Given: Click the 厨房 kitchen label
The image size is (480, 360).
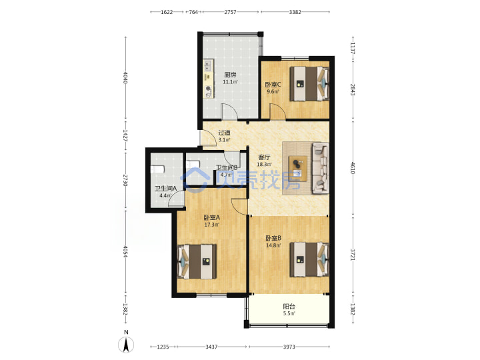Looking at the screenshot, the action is coord(230,75).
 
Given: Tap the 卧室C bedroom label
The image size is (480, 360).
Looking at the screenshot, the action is coord(273,85).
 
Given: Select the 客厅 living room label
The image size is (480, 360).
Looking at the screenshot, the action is coord(265,157).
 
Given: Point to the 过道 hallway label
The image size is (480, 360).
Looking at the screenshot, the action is coord(224,133).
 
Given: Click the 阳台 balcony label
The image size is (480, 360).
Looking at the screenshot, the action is coord(289,307).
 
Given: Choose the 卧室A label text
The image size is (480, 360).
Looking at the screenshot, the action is coord(212,218).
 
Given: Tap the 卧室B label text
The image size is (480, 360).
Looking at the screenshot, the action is coord(273,238).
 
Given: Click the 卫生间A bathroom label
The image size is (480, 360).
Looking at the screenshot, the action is coord(165,189).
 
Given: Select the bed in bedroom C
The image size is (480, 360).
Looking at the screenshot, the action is coord(309,83).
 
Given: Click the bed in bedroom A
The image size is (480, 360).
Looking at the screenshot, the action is coord(197,261).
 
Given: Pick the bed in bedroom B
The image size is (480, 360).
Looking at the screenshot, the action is coord(309,259).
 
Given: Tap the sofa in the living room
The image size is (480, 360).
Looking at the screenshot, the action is coord(321,168).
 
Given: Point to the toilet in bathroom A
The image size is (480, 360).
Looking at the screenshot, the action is coord(157,169).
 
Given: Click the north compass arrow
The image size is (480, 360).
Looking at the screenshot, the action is coord(126,345).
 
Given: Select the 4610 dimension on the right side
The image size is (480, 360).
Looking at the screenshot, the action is coord(353,168).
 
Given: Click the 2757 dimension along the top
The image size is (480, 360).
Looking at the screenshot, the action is coord(230,12).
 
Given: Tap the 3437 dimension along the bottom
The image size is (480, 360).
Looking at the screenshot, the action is coord(211,347).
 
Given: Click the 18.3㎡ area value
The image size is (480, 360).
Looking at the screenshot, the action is coord(264,165).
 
